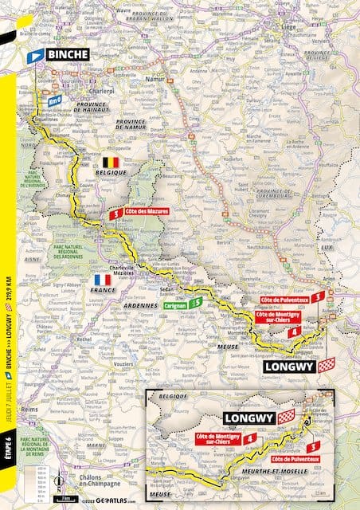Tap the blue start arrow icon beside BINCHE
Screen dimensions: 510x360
coord(35,57)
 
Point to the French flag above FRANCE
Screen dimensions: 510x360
coord(102,280)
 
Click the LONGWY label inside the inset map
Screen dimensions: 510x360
coord(248,417)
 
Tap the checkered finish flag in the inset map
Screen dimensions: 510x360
coord(286,416)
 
